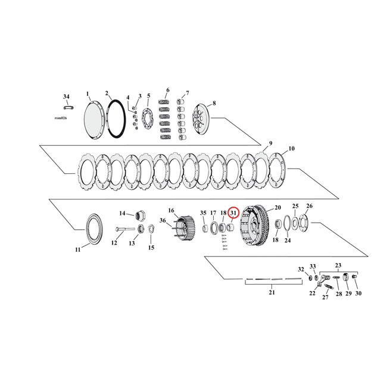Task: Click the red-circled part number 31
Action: [233, 213]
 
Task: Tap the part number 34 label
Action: [65, 96]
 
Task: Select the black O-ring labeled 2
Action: [116, 118]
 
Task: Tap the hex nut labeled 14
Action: [142, 214]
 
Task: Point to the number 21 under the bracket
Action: [272, 292]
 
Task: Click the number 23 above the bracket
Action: [339, 266]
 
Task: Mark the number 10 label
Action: [291, 148]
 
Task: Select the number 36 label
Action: [162, 221]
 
